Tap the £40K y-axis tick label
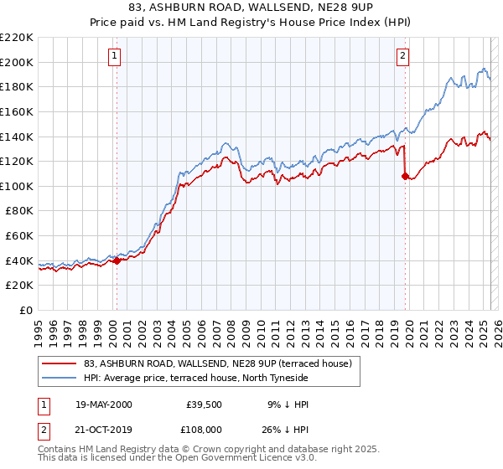tap(19, 260)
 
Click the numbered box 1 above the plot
tap(113, 56)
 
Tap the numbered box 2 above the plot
tap(402, 56)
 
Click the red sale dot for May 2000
tap(117, 260)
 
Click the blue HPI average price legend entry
tap(196, 378)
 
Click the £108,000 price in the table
tap(205, 429)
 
